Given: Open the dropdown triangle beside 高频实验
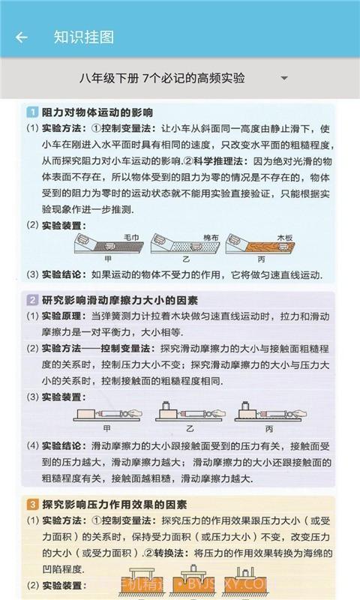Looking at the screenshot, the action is pyautogui.click(x=284, y=78).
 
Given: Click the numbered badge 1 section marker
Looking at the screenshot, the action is pyautogui.click(x=32, y=112).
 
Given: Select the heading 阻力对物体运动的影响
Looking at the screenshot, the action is pyautogui.click(x=97, y=112).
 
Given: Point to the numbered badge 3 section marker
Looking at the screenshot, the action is pyautogui.click(x=32, y=504).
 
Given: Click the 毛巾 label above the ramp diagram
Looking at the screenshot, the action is pyautogui.click(x=131, y=237).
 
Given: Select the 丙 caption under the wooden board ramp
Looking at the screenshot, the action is pyautogui.click(x=260, y=257).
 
